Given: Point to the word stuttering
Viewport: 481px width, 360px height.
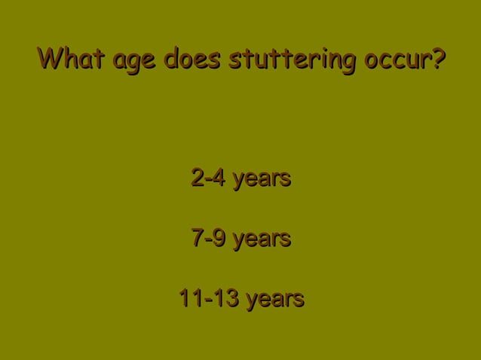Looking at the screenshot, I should click(x=293, y=59).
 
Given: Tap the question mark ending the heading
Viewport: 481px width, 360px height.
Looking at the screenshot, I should click(x=437, y=58).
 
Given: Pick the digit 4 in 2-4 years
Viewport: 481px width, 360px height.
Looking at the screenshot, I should click(x=219, y=179).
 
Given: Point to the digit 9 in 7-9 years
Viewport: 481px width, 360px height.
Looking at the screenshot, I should click(x=219, y=239).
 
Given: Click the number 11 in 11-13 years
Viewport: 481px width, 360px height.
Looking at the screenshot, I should click(x=189, y=299).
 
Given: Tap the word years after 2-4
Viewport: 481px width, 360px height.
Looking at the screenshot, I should click(x=262, y=181).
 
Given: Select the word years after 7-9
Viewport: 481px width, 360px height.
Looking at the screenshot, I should click(x=262, y=241).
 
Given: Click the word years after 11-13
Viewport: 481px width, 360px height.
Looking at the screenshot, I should click(x=275, y=301).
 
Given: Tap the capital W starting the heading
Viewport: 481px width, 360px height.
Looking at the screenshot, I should click(x=50, y=58).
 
